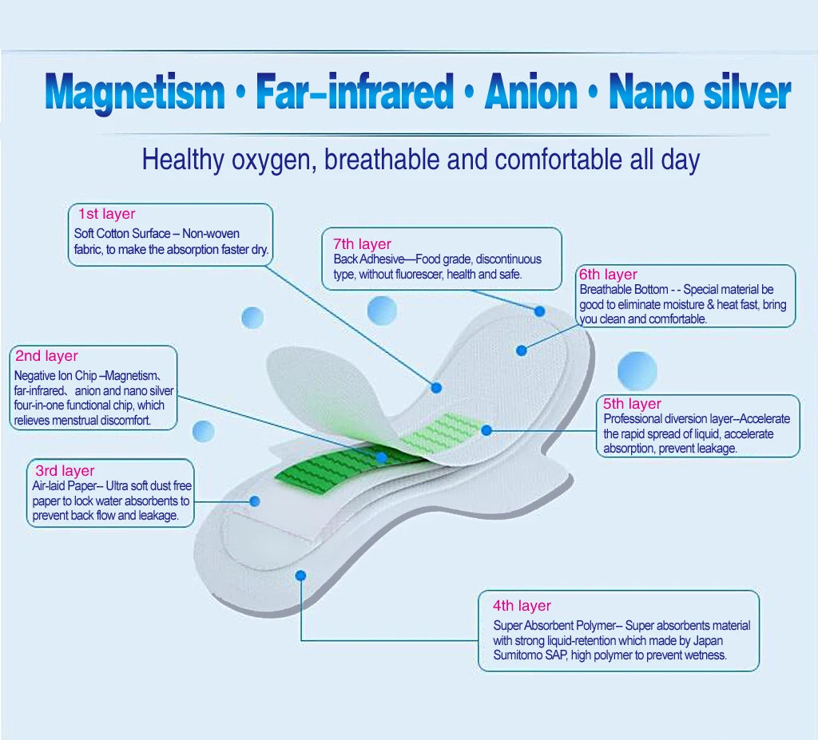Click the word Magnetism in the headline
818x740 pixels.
(x=135, y=93)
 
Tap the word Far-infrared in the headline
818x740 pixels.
(x=355, y=93)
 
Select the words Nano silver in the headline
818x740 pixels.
(x=699, y=93)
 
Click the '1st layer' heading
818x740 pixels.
(x=106, y=214)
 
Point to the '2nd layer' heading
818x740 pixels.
(x=46, y=356)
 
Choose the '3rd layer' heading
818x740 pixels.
(x=65, y=471)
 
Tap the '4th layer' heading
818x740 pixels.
(x=522, y=606)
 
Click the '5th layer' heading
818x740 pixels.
(x=633, y=404)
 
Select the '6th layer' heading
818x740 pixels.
(x=609, y=275)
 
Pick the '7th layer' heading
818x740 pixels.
(x=362, y=244)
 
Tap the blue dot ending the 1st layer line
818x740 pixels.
(x=436, y=387)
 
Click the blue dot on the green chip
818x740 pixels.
(x=382, y=458)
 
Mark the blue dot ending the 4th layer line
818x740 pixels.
(x=300, y=575)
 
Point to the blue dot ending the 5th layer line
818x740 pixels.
(x=486, y=430)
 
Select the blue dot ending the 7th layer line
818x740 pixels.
(x=539, y=311)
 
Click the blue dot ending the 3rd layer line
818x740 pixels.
(x=255, y=501)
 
